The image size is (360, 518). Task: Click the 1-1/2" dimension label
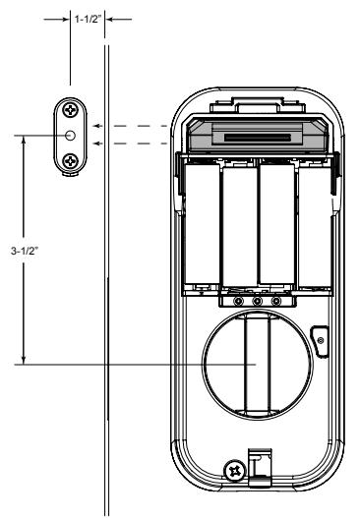click(87, 19)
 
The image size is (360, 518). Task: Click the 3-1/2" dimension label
click(25, 251)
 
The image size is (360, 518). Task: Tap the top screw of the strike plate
click(70, 109)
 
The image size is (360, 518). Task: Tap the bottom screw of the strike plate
click(70, 161)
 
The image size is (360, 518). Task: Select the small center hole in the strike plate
click(70, 135)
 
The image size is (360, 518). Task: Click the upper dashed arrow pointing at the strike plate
click(131, 126)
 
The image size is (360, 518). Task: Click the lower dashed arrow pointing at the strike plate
click(131, 144)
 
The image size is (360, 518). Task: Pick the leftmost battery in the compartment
click(202, 224)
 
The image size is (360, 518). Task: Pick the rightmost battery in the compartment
click(315, 227)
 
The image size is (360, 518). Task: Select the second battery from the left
click(240, 227)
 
